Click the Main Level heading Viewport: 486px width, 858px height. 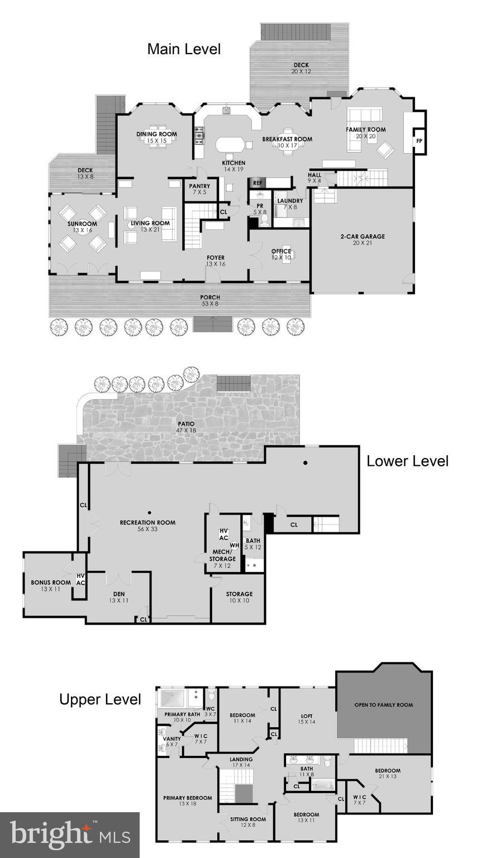click(184, 49)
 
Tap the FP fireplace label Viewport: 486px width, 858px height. click(419, 141)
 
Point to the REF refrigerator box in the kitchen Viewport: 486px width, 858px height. click(258, 183)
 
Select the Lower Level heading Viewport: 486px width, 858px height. click(407, 461)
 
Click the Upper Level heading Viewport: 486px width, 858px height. click(100, 699)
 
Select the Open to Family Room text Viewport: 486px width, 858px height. click(384, 705)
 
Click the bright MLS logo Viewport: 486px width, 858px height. click(70, 835)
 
